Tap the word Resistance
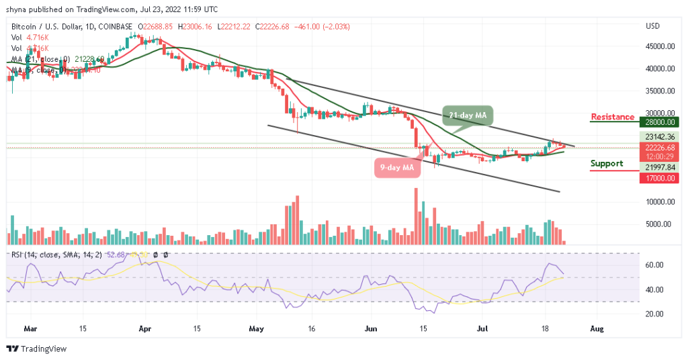pos(612,117)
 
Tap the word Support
pos(607,163)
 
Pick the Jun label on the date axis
pos(369,329)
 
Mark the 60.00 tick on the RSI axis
pos(655,265)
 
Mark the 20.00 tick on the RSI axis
pos(655,314)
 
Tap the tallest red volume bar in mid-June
pos(416,216)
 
